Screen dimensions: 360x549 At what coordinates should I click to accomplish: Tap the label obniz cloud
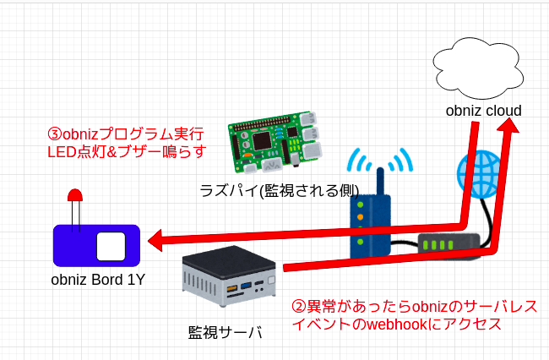[485, 111]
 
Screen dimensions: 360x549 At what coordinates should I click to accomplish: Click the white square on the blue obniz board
[111, 245]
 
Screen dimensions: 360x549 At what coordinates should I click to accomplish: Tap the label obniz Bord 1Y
[97, 280]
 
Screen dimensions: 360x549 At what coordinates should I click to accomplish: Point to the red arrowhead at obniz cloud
[509, 128]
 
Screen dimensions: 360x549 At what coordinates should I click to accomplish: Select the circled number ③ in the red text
[55, 134]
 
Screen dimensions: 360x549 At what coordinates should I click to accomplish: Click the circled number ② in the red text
[299, 306]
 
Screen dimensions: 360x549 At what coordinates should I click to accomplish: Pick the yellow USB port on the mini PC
[230, 291]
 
